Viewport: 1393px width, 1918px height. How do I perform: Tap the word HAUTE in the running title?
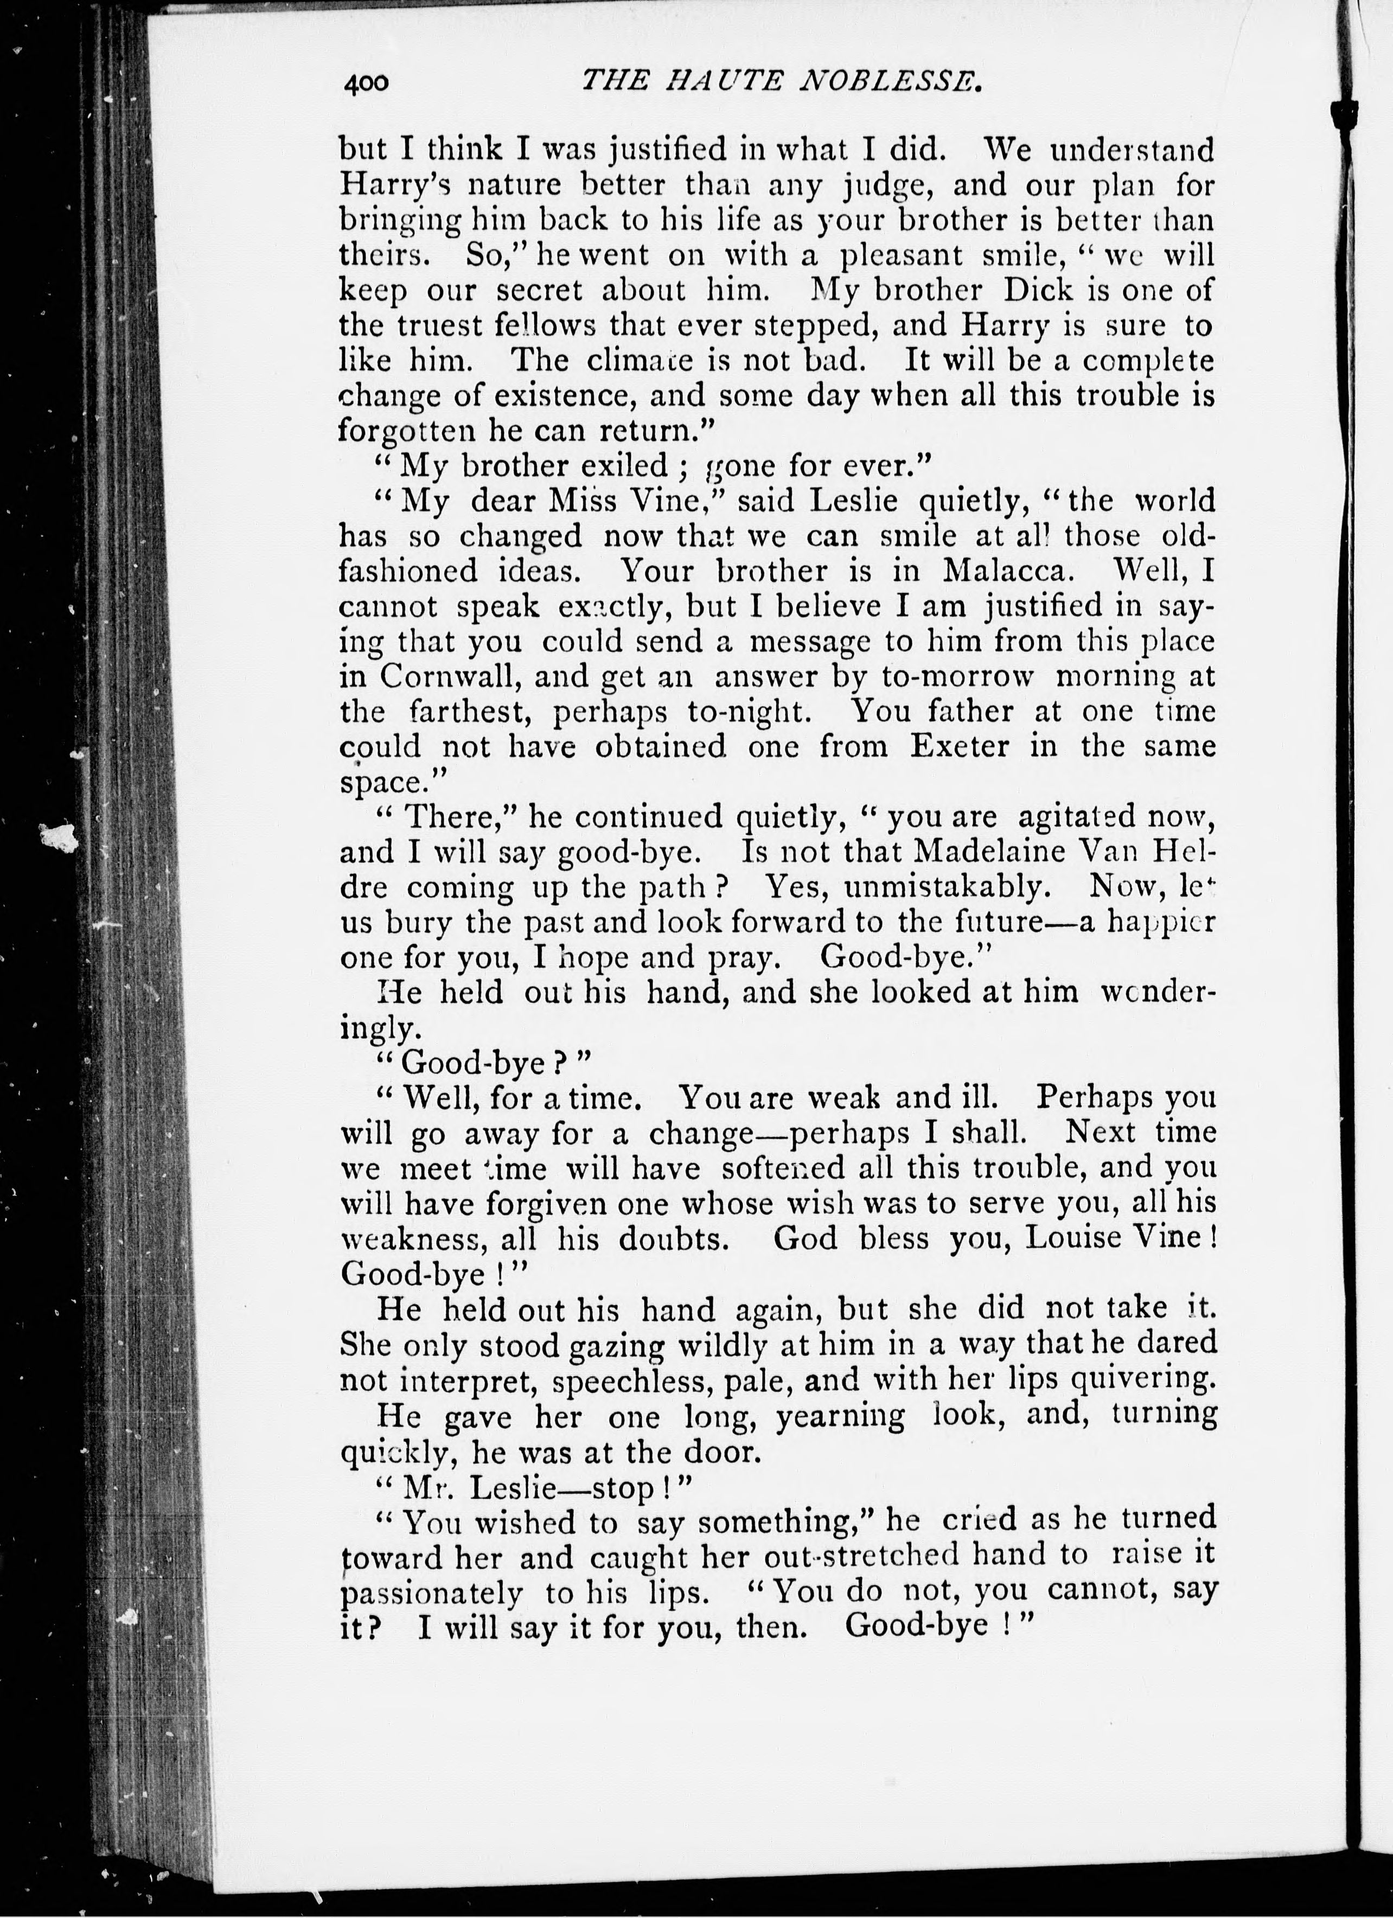tap(717, 80)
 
